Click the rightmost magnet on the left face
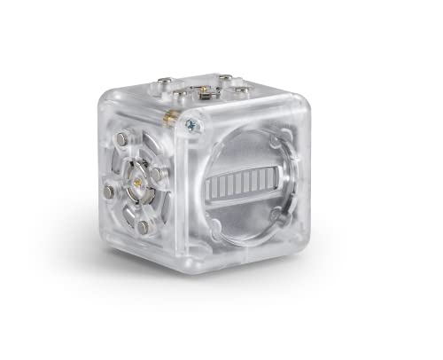tap(157, 173)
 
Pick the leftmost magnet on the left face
tap(108, 192)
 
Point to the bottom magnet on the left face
tap(143, 228)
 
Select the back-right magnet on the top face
tap(223, 77)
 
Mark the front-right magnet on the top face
tap(241, 90)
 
